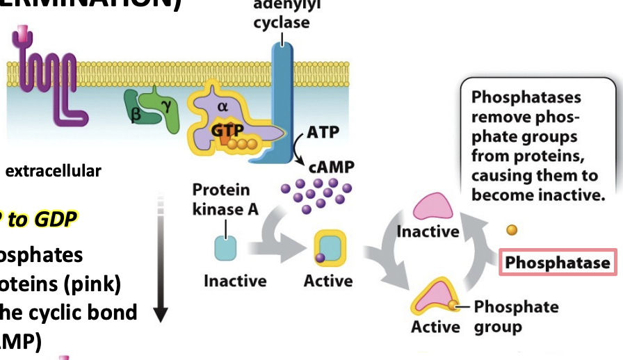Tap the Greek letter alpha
click(222, 106)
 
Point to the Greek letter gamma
click(165, 105)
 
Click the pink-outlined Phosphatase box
click(558, 263)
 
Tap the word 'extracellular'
click(54, 170)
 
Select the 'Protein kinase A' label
click(221, 199)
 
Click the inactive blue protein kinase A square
click(225, 248)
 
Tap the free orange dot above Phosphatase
click(511, 229)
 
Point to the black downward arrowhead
click(160, 314)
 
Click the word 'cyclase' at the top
click(281, 22)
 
